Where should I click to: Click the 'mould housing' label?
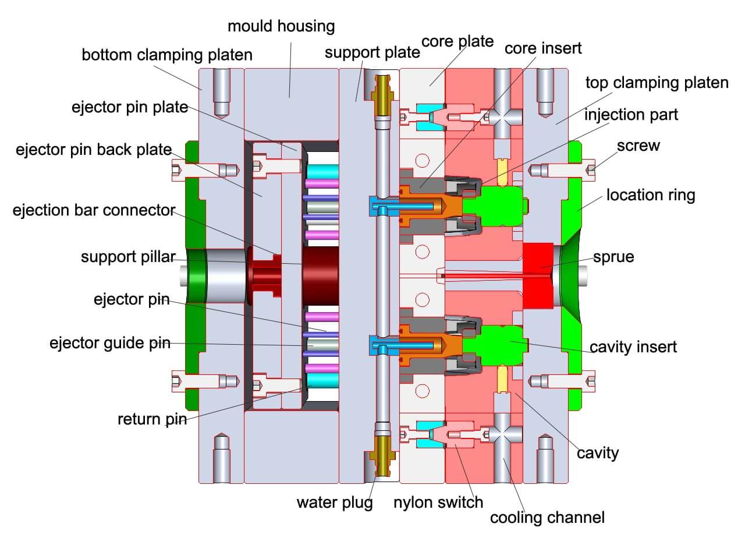pos(281,26)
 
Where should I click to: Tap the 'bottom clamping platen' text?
pos(167,55)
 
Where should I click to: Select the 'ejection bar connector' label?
pos(94,210)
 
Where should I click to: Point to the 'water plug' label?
pos(335,502)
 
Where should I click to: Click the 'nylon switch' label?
pos(438,502)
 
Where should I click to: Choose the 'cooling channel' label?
pos(547,517)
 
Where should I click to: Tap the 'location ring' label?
pos(650,194)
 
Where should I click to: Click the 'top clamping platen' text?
pos(657,83)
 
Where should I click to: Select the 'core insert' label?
pos(542,48)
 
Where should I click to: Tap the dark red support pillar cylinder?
pos(320,275)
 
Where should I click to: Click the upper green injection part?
pos(501,205)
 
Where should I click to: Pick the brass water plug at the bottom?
pos(383,457)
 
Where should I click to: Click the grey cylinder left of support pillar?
pos(224,275)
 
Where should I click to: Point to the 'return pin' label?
pos(152,419)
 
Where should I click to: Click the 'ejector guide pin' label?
pos(110,343)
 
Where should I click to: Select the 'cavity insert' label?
pos(633,348)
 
